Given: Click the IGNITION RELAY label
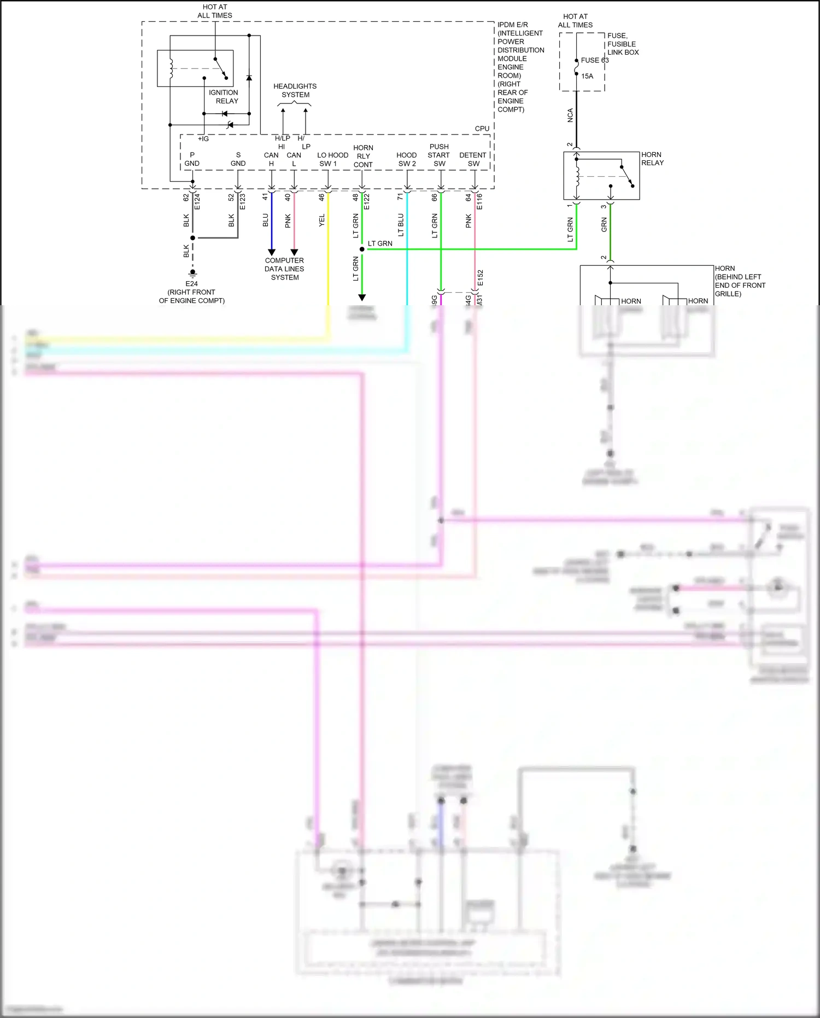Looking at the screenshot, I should (224, 97).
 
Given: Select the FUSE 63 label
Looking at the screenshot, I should (594, 60).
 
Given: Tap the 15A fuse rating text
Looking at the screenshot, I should (587, 76).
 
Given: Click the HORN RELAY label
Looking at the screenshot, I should (652, 159).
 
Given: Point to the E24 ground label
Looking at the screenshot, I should (191, 283).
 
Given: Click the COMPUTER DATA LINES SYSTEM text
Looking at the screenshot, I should (284, 269).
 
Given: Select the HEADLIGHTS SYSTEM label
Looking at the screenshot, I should (295, 90).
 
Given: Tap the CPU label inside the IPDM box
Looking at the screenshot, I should (482, 129).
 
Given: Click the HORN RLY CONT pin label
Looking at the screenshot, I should (363, 156).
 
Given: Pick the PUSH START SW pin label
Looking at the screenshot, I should (439, 155).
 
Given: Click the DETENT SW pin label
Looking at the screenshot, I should (473, 159).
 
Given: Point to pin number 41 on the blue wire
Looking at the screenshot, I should (265, 196).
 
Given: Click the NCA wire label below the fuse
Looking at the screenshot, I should (570, 115).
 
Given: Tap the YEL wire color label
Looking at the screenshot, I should (321, 220).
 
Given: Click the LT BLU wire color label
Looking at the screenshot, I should (400, 225).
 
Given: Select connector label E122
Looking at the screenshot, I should (367, 201).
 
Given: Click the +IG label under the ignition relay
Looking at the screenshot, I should (203, 139).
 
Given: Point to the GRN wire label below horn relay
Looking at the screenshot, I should (604, 224).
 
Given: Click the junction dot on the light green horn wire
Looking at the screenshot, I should (362, 249).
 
